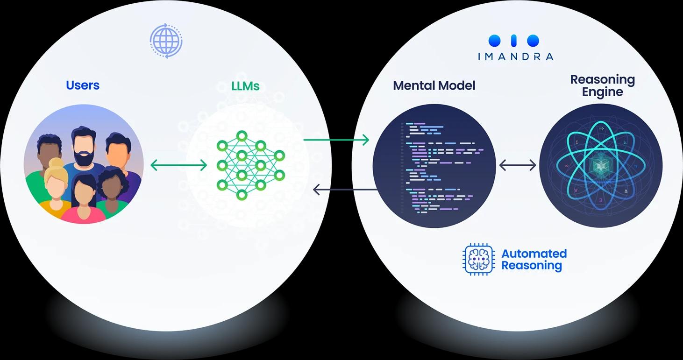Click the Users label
83,85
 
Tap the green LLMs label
245,86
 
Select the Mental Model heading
434,85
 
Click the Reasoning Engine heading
602,85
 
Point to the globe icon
166,41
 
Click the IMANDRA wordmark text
515,56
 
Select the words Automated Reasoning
534,260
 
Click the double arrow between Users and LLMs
178,165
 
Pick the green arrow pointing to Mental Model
336,140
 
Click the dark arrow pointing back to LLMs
345,190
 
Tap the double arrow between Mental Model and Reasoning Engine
518,165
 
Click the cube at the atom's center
601,165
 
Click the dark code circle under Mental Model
434,166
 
